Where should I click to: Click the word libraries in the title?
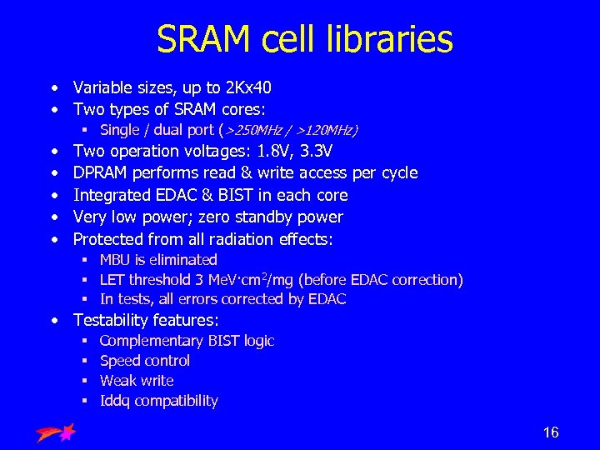(386, 39)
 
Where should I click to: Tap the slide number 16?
(551, 432)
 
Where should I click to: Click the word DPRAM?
(99, 173)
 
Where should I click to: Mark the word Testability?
(110, 320)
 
